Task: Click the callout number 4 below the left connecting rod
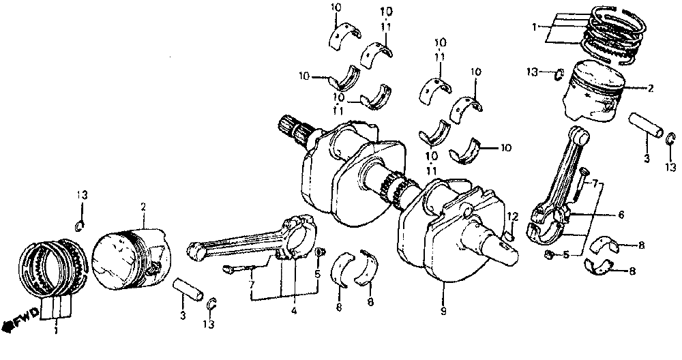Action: pyautogui.click(x=293, y=312)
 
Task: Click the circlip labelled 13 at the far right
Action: pyautogui.click(x=670, y=141)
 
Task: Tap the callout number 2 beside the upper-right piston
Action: pyautogui.click(x=650, y=88)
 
